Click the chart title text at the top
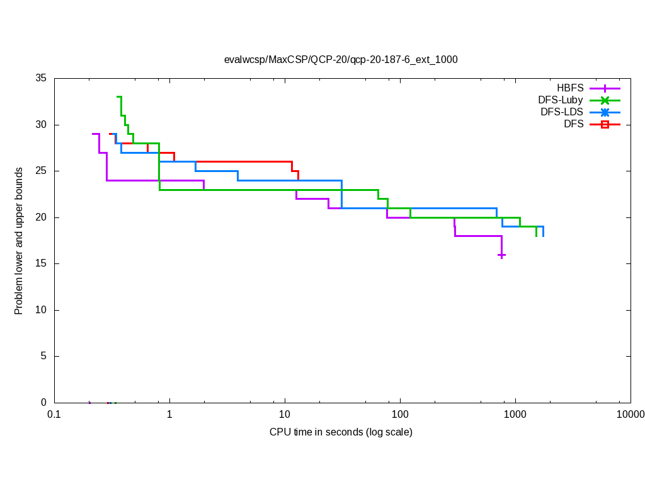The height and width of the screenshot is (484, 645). coord(341,60)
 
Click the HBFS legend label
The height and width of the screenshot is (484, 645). coord(570,88)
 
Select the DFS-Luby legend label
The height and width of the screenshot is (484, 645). coord(561,100)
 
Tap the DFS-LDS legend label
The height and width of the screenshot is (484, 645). coord(562,112)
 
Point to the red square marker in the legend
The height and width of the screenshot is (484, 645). coord(605,124)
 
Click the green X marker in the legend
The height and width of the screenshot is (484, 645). coord(605,100)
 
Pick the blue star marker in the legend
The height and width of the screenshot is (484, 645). coord(605,112)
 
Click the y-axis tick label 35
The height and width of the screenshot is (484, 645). coord(41,79)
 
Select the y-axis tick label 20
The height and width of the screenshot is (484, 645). coord(41,217)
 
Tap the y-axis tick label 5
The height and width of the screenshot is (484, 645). coord(43,356)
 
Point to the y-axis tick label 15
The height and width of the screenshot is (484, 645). coord(41,264)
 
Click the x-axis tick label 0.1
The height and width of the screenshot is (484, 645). coord(54,415)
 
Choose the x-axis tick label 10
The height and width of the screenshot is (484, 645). coord(285,415)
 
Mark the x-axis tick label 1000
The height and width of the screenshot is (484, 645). coord(515,415)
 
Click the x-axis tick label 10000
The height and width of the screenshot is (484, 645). coord(631,415)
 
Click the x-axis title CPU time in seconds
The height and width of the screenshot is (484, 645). coord(341,432)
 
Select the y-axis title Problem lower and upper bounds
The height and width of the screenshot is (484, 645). coord(19,241)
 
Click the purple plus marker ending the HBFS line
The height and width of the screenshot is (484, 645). coord(501,255)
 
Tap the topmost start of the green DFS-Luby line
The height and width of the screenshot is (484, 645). coord(118,97)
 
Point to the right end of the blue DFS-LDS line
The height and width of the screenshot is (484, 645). coord(543,236)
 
